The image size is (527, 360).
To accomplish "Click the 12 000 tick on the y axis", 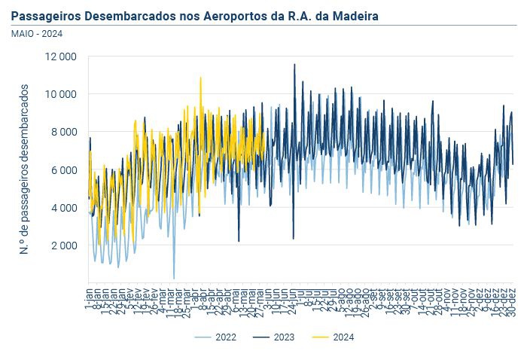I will click(61, 57).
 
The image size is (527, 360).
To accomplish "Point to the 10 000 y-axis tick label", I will click(61, 95).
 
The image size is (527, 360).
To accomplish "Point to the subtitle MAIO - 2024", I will click(36, 33).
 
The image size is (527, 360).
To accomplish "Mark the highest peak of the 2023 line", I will click(294, 64).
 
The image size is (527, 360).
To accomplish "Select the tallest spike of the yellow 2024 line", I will click(200, 77).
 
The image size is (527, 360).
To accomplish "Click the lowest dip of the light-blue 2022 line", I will click(174, 279).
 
